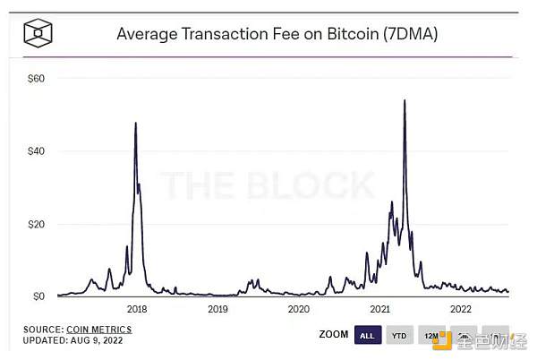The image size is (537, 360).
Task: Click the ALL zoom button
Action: tap(367, 336)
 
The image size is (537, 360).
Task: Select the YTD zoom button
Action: tap(399, 336)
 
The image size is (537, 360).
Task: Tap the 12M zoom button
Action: tap(431, 336)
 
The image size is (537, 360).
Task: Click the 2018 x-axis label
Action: tap(137, 309)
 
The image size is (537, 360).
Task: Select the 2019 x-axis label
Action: tap(217, 309)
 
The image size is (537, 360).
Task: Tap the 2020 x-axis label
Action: tap(298, 309)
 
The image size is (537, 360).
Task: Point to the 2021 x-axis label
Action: tap(379, 309)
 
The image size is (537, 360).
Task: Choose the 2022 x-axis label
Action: tap(460, 309)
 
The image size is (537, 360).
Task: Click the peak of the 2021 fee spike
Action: tap(405, 100)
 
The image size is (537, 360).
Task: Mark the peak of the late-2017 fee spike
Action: tap(135, 123)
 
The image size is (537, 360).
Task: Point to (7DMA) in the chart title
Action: tap(411, 35)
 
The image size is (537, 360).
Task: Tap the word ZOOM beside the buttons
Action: tap(332, 336)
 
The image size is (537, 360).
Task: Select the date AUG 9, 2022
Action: tap(97, 341)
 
